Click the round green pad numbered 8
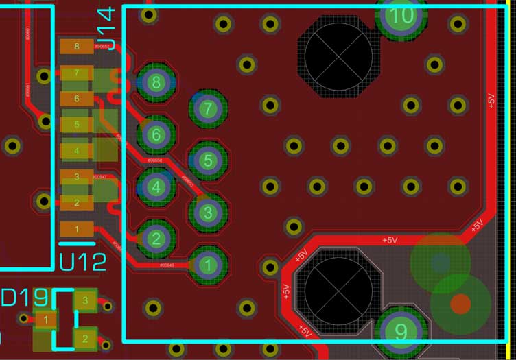tap(156, 83)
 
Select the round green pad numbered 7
tap(209, 108)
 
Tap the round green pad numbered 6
tap(156, 134)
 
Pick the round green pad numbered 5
tap(209, 160)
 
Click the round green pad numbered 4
tap(156, 186)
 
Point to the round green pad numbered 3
tap(209, 212)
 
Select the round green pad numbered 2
tap(156, 238)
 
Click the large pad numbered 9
tap(401, 332)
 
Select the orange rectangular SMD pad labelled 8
tap(77, 47)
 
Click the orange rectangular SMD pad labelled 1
tap(77, 229)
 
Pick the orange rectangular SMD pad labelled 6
tap(77, 99)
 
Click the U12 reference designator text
tap(83, 261)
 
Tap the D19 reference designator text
tap(25, 298)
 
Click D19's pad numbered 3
tap(85, 300)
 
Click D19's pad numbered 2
tap(85, 339)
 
